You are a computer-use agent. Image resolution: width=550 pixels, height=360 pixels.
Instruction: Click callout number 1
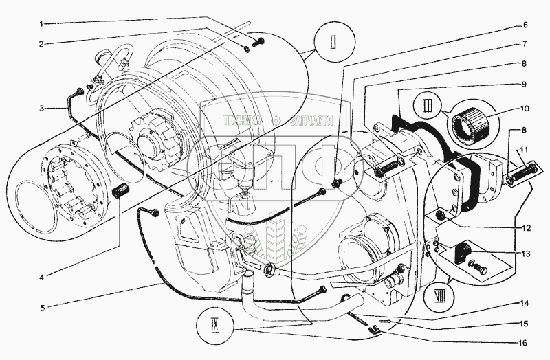(41, 25)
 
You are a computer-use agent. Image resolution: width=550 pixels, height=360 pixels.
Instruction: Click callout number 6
(525, 25)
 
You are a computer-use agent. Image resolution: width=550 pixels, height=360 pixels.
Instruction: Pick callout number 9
(525, 85)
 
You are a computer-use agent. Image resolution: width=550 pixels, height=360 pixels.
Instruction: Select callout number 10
(525, 108)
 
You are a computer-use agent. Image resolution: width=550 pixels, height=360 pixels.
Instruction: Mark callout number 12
(525, 227)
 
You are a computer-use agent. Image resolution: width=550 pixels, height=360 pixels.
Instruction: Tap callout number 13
(525, 253)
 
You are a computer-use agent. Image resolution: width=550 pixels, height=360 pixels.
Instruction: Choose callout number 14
(525, 303)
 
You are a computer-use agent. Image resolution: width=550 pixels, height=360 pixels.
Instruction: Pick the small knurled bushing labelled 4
(122, 190)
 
